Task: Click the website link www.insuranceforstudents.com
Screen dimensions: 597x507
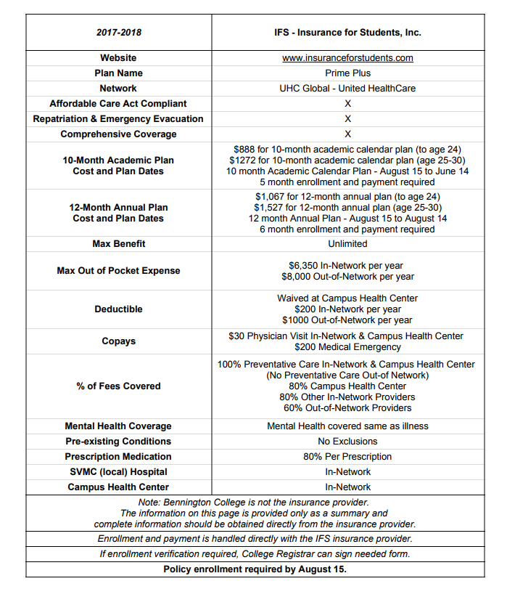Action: click(347, 58)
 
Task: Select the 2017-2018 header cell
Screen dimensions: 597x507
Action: click(118, 33)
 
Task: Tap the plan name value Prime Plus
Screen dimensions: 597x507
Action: click(347, 73)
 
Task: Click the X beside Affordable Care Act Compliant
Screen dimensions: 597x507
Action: click(347, 104)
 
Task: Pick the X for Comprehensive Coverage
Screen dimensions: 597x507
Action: click(347, 134)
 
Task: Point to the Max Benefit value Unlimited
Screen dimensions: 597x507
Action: click(347, 244)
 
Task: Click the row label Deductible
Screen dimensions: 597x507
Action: click(118, 309)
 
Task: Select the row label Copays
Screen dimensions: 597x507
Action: click(118, 341)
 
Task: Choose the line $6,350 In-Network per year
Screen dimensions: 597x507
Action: click(347, 265)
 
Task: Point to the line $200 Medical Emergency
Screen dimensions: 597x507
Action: click(347, 347)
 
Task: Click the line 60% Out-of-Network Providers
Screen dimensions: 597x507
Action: click(347, 408)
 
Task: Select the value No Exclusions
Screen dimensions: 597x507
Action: click(347, 442)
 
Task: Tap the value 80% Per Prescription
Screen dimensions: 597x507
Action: click(347, 457)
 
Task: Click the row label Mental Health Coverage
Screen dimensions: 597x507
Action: click(118, 426)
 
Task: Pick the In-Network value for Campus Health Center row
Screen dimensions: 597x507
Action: click(347, 487)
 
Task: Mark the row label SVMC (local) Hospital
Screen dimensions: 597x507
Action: click(118, 472)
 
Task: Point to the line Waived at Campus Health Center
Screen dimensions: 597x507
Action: click(347, 298)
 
